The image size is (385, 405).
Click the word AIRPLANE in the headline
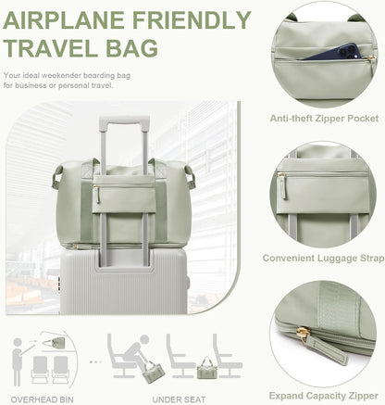[x=64, y=20]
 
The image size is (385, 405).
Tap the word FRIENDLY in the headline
[x=192, y=20]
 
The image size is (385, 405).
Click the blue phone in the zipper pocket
[x=333, y=52]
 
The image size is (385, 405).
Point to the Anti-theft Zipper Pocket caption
[x=324, y=119]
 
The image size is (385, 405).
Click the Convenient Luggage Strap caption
[x=324, y=258]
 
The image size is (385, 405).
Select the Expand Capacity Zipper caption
[x=324, y=396]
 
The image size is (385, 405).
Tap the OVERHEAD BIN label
[x=43, y=399]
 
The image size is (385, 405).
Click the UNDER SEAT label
[x=179, y=399]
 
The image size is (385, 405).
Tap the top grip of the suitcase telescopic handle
[x=125, y=120]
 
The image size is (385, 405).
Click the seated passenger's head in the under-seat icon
[x=144, y=339]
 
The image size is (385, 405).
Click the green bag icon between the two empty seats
[x=205, y=368]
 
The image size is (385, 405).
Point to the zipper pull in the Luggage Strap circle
[x=282, y=185]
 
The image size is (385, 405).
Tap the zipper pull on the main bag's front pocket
[x=96, y=194]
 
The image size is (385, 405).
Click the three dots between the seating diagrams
[x=95, y=361]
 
